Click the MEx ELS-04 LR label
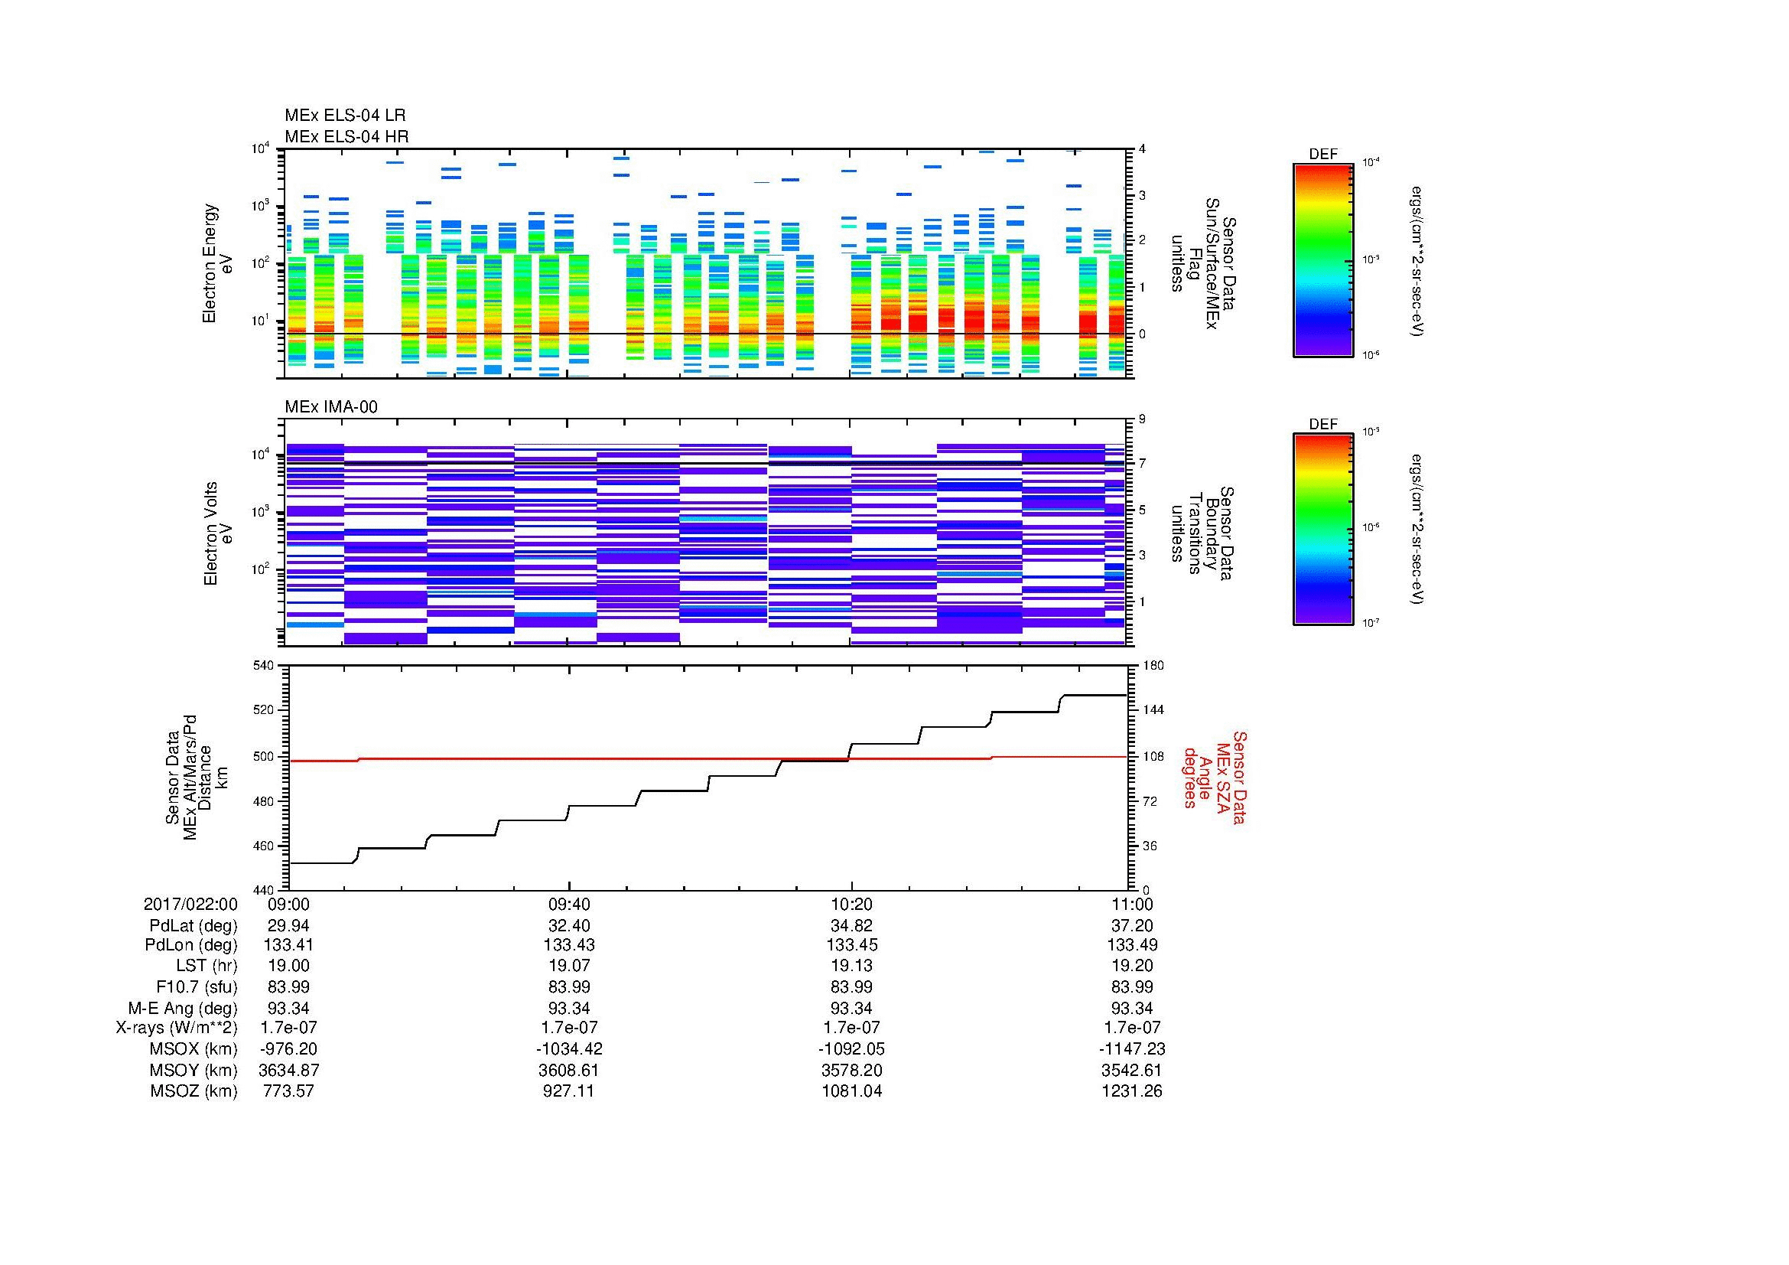(344, 116)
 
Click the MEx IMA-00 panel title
(331, 407)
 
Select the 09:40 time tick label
(569, 905)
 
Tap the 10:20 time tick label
(851, 905)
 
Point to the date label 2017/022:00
(190, 905)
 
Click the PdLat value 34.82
(851, 926)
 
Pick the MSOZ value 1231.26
(1131, 1091)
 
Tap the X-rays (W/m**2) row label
(176, 1028)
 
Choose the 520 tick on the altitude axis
(265, 710)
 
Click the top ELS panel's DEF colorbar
(1322, 259)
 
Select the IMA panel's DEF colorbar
(1322, 530)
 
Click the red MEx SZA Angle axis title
(1214, 777)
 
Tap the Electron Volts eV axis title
(218, 534)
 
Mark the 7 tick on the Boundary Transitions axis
(1142, 464)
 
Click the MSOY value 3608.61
(569, 1070)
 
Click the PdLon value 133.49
(1131, 945)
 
